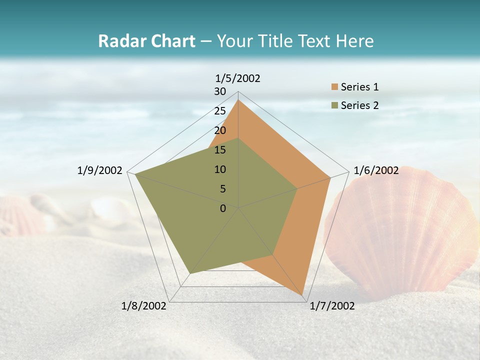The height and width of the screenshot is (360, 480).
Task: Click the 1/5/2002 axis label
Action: pyautogui.click(x=237, y=78)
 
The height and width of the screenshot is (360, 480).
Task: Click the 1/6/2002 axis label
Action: pyautogui.click(x=376, y=170)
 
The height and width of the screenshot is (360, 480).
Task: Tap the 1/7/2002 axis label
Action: pyautogui.click(x=332, y=306)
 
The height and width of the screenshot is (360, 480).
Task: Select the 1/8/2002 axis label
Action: pyautogui.click(x=144, y=306)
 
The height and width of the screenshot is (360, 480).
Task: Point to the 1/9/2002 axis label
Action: pyautogui.click(x=100, y=170)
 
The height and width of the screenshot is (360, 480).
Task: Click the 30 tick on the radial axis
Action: pyautogui.click(x=220, y=91)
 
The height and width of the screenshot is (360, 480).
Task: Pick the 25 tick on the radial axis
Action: pyautogui.click(x=220, y=111)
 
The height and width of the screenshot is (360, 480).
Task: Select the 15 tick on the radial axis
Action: pyautogui.click(x=220, y=150)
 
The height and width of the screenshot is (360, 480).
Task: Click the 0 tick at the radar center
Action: pyautogui.click(x=223, y=208)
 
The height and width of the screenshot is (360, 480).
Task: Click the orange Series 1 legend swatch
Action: pyautogui.click(x=334, y=87)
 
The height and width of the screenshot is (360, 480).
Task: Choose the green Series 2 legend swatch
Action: pyautogui.click(x=334, y=105)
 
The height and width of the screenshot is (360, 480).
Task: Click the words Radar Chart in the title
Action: pyautogui.click(x=146, y=41)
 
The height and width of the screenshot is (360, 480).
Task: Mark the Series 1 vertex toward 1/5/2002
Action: pyautogui.click(x=238, y=99)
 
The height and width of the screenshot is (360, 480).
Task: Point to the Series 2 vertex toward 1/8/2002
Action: pyautogui.click(x=189, y=273)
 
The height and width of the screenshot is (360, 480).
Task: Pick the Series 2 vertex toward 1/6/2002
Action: pyautogui.click(x=297, y=188)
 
